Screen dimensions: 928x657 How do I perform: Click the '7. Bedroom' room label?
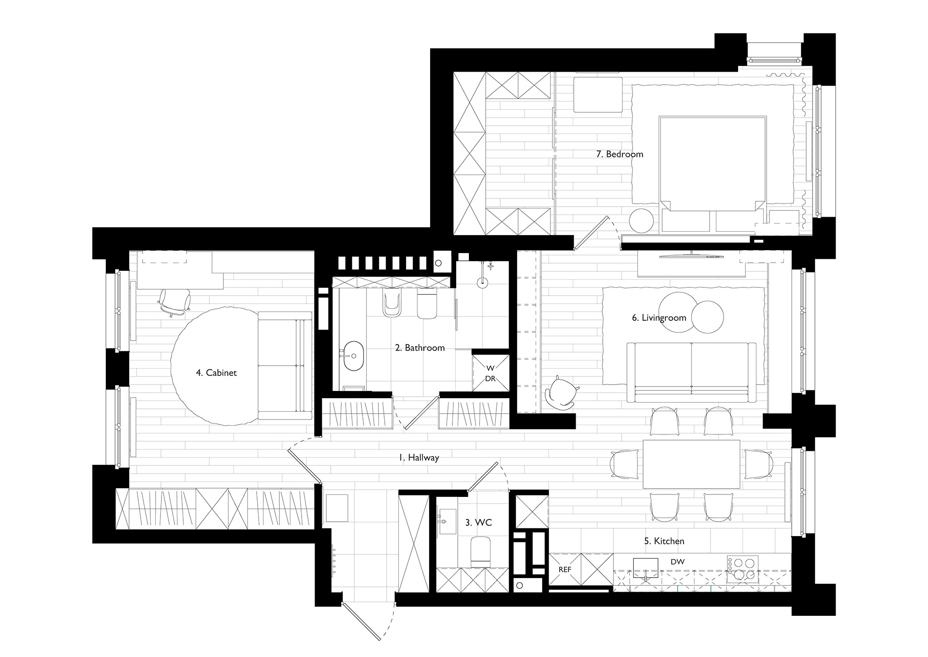620,154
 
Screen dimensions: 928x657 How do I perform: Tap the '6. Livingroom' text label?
659,318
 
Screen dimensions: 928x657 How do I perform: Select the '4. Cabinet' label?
216,373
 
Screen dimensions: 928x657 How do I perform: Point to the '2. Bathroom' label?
420,348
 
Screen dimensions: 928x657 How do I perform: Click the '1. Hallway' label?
419,457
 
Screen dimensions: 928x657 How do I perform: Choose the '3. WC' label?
478,523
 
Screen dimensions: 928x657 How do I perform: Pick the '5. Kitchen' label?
664,541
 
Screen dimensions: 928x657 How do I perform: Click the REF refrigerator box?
565,569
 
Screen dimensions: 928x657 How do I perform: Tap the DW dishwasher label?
677,562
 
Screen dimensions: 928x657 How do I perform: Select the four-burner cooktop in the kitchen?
742,569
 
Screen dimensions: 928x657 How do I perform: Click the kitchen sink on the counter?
646,566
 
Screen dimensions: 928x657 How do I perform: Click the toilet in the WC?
481,551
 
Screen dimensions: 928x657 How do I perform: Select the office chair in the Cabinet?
174,302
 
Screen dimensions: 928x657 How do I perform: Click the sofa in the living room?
691,372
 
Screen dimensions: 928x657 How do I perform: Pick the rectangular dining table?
691,464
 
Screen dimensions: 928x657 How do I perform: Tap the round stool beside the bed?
641,221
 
